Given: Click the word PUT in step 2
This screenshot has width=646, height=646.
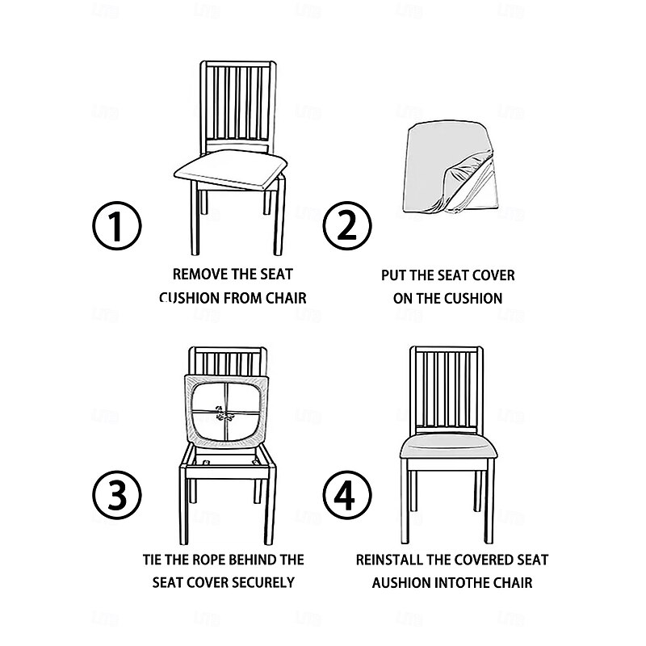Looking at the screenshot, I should [395, 275].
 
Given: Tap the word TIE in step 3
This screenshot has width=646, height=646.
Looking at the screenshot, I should [153, 559].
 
